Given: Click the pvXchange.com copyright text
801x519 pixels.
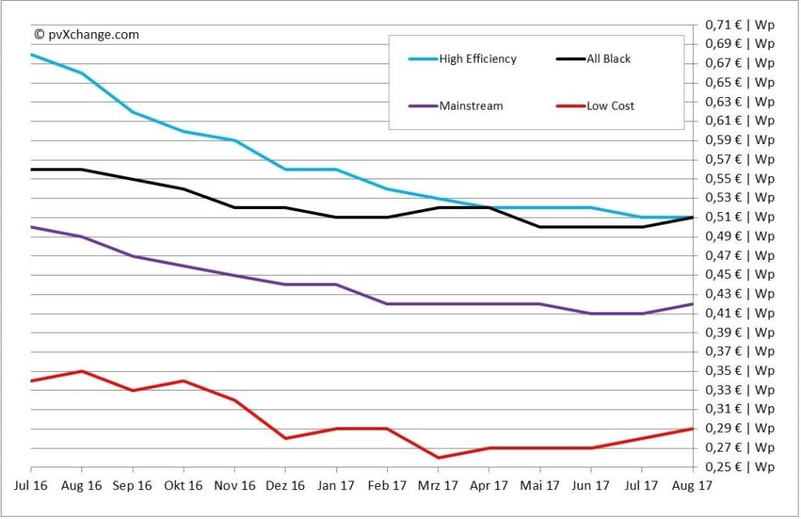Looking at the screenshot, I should coord(86,34).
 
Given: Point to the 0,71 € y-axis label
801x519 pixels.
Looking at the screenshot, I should coord(739,25).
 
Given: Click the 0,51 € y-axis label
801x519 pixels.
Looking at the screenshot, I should coord(739,217).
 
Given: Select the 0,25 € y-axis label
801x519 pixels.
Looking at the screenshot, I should coord(739,467).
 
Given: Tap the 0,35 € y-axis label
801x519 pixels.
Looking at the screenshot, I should coord(739,370).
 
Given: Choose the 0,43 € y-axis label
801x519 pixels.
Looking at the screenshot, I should coord(739,294).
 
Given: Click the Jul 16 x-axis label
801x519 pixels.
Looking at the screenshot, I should coord(31,485).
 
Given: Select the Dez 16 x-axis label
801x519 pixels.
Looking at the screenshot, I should coord(285,485).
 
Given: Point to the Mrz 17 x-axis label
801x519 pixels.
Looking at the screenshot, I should coord(438,485).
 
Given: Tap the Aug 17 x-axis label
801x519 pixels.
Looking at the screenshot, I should coord(691,485).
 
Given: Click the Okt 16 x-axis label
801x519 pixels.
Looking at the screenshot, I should coord(183,485).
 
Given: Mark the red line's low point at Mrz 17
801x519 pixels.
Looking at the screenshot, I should coord(438,457).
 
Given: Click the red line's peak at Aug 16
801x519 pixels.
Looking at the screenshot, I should coord(82,371).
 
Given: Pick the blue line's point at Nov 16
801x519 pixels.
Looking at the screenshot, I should coord(234,140).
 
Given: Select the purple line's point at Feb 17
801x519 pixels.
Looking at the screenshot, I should coord(387,304).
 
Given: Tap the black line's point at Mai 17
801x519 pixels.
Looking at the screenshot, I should coord(540,227).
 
